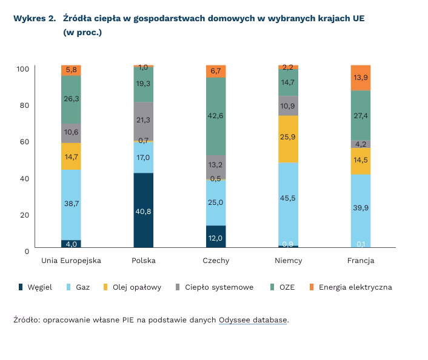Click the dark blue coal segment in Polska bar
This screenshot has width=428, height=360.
pos(144,210)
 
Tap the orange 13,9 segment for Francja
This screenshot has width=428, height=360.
pos(361,78)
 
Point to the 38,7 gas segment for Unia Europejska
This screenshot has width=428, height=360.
pos(72,204)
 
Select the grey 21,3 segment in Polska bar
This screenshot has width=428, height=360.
pos(144,121)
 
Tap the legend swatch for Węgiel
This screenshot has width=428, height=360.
pos(21,287)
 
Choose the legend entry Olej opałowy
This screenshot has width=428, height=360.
pos(136,287)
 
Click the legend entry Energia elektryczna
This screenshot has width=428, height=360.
pos(355,287)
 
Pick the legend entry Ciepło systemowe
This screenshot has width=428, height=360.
pos(219,287)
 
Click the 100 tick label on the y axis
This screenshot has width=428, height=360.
pos(22,69)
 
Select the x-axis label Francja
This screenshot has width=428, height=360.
pos(361,261)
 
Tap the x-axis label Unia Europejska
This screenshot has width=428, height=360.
pos(72,261)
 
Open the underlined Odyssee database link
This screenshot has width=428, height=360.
pos(253,319)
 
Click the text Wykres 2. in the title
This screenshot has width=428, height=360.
pos(35,19)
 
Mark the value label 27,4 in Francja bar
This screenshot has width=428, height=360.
pos(361,115)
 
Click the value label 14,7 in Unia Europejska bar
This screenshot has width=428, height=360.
pos(72,156)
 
